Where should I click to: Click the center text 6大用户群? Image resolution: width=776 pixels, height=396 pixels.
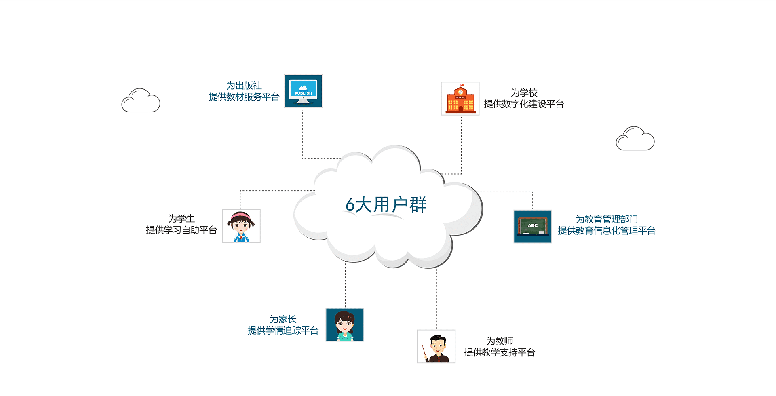(x=386, y=204)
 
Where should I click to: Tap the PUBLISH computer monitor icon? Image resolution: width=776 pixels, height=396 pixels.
(x=303, y=91)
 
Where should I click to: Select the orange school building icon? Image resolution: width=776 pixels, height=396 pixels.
(x=460, y=99)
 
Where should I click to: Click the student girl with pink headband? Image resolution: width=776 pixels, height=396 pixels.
(x=241, y=226)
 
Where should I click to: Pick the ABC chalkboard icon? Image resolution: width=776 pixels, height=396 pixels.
(x=533, y=226)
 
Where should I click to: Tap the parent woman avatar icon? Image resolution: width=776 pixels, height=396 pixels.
(x=345, y=325)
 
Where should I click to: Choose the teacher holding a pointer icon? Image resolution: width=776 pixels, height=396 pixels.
(x=436, y=346)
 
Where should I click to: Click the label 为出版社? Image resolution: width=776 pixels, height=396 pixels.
(x=244, y=86)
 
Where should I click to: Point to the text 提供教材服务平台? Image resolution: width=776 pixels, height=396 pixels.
(x=244, y=97)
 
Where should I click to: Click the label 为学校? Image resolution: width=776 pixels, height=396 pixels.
(x=524, y=93)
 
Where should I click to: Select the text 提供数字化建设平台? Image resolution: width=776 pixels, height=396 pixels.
(x=524, y=104)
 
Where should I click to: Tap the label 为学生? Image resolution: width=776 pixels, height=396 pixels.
(x=181, y=219)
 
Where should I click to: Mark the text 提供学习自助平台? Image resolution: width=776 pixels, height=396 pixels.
(x=181, y=230)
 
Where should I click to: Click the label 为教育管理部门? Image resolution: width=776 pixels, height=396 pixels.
(x=606, y=219)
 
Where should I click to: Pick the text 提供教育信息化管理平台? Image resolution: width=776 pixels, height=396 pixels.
(x=606, y=231)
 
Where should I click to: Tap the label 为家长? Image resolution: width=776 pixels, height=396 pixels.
(x=283, y=319)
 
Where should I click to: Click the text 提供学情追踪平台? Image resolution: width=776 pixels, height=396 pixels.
(x=283, y=331)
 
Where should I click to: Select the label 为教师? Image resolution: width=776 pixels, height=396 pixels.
(x=500, y=341)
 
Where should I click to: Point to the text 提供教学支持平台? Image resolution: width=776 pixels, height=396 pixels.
(x=500, y=352)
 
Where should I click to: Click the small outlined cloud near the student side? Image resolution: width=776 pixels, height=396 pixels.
(x=141, y=101)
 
